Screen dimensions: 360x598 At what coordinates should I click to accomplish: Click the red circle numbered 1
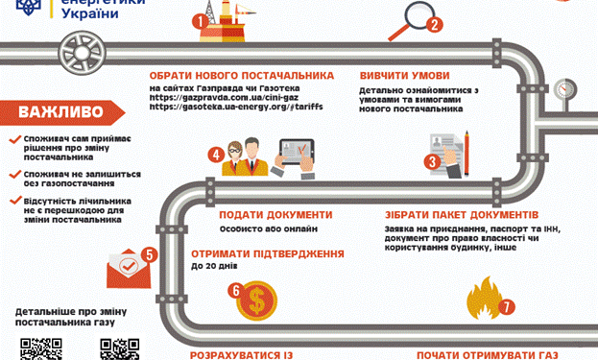(x=199, y=20)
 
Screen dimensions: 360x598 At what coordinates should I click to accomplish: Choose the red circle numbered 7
(x=507, y=307)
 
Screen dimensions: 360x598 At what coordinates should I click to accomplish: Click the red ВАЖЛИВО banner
(x=60, y=110)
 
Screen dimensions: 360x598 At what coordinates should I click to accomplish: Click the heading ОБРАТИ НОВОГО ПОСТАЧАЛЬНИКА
(x=241, y=76)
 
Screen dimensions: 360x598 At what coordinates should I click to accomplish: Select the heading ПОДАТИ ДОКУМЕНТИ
(x=275, y=215)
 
